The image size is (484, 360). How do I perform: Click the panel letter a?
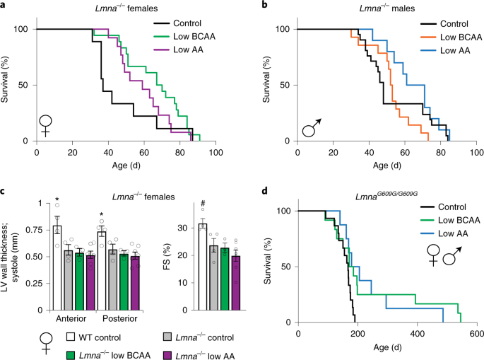5,6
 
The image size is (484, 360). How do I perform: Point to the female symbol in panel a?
45,124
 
